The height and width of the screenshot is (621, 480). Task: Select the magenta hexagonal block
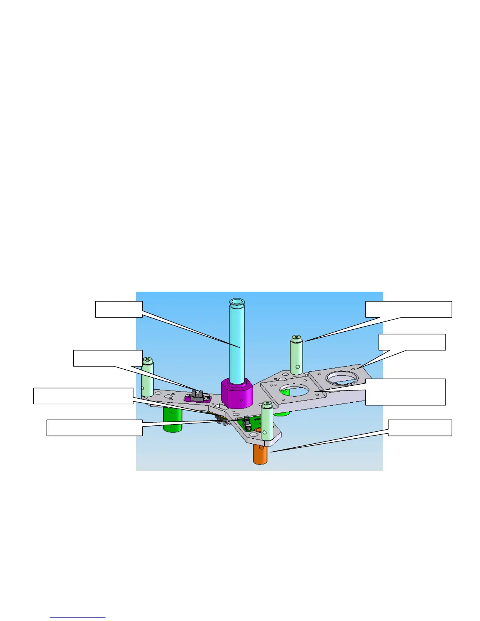pos(236,393)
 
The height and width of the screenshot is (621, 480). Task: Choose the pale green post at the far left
pos(147,376)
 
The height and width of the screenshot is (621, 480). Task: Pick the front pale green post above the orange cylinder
pos(267,422)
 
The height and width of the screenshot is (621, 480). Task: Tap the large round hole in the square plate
pos(295,391)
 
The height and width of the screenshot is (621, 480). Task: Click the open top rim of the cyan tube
pos(237,302)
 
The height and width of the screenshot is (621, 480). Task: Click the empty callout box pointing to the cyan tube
pos(118,309)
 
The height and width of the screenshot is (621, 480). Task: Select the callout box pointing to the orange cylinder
pos(420,428)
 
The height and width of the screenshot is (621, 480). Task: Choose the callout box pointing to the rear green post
pos(409,309)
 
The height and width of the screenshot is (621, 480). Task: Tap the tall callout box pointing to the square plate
pos(405,392)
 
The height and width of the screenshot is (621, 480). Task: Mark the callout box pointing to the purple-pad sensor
pos(108,358)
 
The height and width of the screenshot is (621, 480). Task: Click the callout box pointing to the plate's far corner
pos(412,342)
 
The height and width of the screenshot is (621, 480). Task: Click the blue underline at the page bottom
pos(78,617)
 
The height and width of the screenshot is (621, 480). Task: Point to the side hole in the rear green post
pos(298,367)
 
